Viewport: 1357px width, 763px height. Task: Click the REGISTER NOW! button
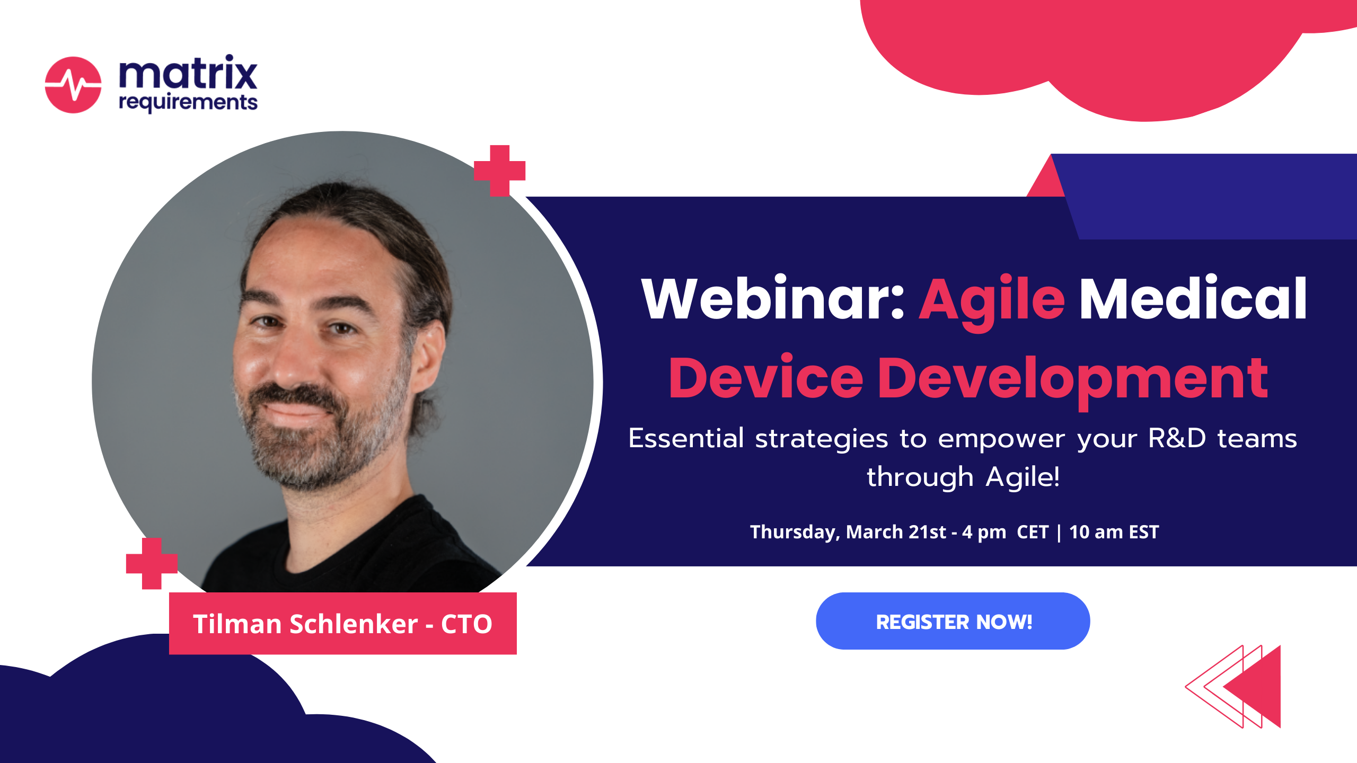pos(953,621)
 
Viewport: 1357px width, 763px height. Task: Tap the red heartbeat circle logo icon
pos(73,85)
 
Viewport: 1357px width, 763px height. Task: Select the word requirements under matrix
pos(188,102)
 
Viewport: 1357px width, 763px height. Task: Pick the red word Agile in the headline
pos(991,301)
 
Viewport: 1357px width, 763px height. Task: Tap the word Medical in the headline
pos(1193,299)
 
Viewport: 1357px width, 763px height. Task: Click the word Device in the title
pos(765,378)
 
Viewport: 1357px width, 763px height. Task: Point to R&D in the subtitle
pos(1177,439)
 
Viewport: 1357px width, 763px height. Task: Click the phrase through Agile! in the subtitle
pos(963,477)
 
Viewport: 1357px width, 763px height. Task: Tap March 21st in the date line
pos(896,532)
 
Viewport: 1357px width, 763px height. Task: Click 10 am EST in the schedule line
pos(1114,532)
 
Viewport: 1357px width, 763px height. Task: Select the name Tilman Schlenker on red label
pos(305,624)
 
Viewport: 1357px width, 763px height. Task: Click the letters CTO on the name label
pos(466,624)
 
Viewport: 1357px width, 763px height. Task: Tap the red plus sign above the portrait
pos(499,171)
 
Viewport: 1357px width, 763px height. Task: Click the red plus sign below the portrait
pos(152,564)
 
